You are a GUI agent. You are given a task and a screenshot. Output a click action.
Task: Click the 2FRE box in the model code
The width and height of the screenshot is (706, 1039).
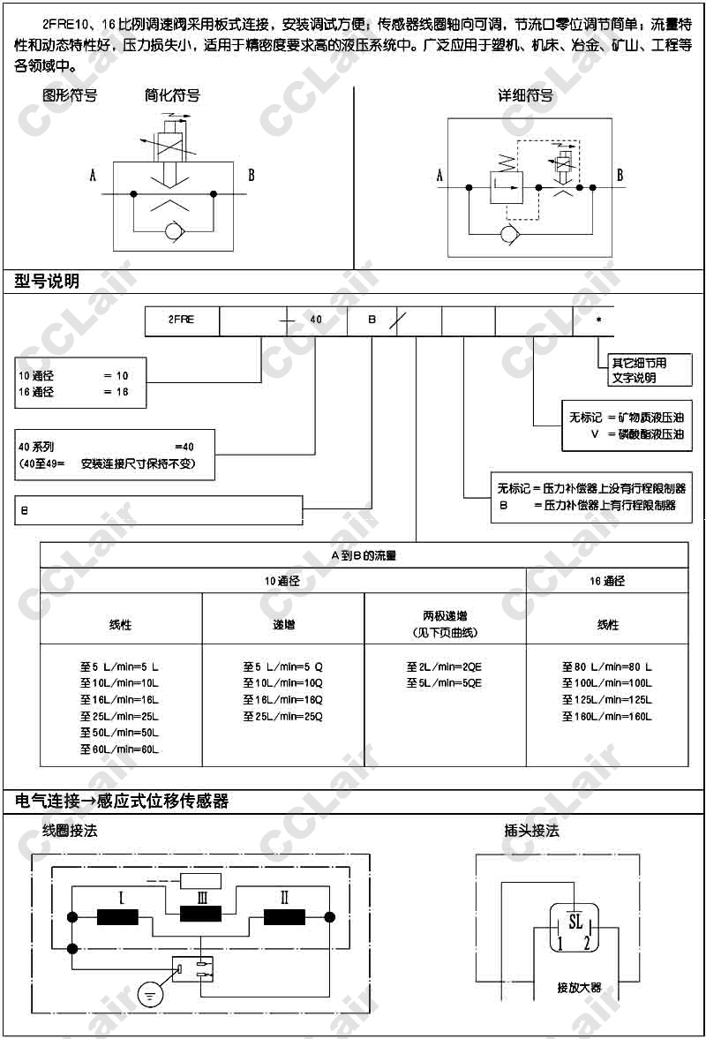click(x=182, y=320)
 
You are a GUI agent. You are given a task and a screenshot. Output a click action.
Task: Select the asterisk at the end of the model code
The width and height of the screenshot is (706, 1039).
click(x=598, y=320)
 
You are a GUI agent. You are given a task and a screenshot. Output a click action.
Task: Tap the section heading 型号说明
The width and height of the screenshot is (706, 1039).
click(x=47, y=282)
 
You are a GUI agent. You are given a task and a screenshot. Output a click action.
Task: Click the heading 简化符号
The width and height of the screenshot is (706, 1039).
click(x=172, y=95)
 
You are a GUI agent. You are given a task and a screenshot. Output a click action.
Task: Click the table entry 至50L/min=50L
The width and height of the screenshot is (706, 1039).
click(x=119, y=734)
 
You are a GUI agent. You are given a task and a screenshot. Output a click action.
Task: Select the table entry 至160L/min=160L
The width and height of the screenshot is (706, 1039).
click(x=607, y=717)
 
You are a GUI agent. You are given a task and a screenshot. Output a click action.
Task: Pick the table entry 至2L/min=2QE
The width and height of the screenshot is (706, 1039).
click(x=444, y=667)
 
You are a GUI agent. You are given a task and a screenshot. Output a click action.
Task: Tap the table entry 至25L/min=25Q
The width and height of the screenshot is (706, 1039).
click(x=282, y=717)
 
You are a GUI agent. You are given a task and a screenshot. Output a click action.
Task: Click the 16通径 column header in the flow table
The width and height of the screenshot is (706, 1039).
click(x=607, y=581)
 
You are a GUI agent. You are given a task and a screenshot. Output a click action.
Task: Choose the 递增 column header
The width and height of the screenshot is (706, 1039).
click(x=282, y=625)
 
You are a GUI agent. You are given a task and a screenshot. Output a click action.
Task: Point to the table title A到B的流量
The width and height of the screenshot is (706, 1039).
click(x=364, y=555)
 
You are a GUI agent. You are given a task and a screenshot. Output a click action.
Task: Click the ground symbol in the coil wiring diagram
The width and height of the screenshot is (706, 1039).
click(x=151, y=994)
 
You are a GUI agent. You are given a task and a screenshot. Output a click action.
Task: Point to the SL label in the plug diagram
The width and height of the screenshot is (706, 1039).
click(x=575, y=922)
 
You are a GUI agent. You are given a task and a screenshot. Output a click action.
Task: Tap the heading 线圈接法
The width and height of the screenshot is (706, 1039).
click(x=70, y=831)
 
